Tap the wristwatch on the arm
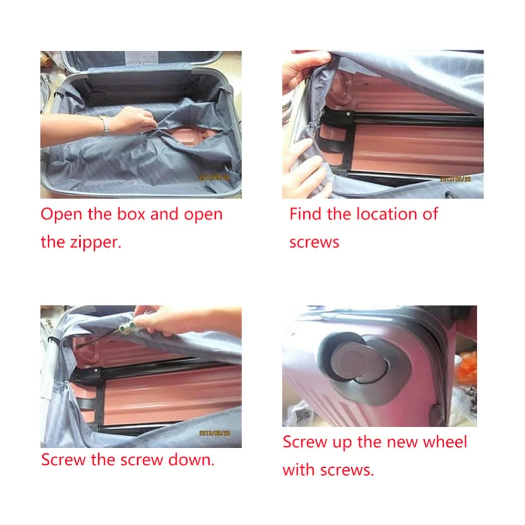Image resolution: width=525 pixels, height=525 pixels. point(106,125)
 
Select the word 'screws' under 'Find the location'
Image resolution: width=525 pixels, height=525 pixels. point(314,243)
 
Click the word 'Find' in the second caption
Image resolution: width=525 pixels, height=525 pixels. point(307,214)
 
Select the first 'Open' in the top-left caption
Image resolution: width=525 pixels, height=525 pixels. point(60,214)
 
